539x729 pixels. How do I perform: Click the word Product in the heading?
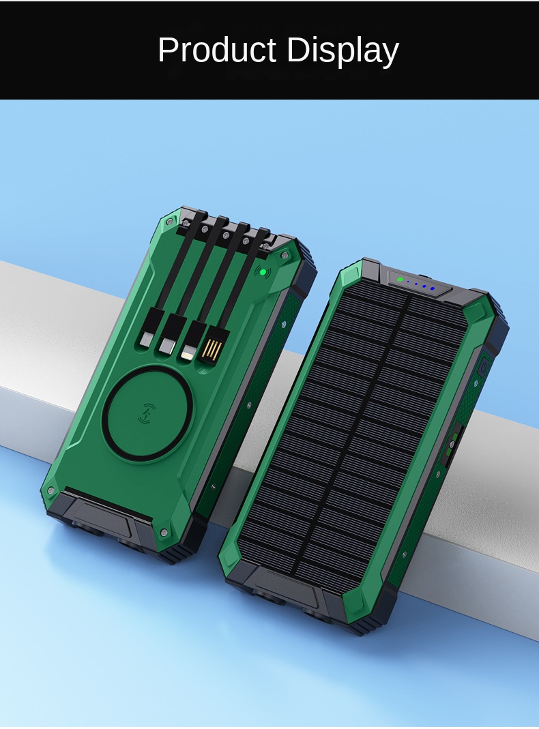(217, 49)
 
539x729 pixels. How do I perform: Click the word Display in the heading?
(343, 51)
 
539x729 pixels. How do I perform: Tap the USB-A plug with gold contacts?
(213, 343)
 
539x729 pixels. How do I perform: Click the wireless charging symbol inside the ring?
(149, 413)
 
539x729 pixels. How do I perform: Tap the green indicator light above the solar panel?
(400, 280)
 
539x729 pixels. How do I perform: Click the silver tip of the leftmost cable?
(146, 340)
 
